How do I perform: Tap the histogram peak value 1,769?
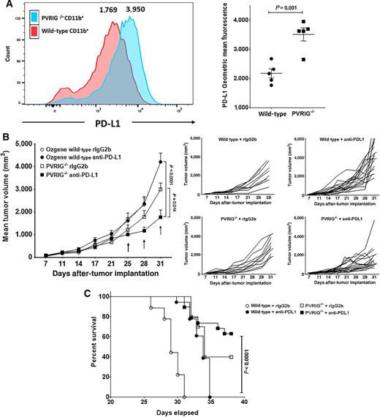pos(110,11)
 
